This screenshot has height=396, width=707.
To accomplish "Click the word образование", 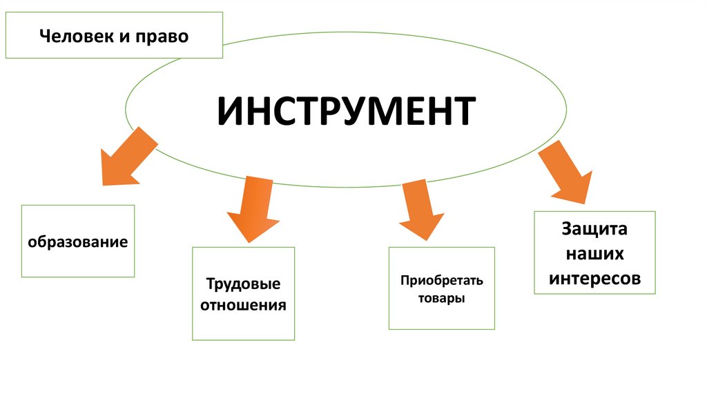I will coord(78,242).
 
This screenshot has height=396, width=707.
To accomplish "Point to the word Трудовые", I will coord(243,284).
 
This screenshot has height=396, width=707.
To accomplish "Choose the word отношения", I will coord(243,304).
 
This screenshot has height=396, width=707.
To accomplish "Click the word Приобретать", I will coord(442,281).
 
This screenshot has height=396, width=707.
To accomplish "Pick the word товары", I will coord(442,299).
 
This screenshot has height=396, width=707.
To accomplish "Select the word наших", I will coord(594,253).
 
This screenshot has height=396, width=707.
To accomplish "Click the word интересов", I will coord(594,278).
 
